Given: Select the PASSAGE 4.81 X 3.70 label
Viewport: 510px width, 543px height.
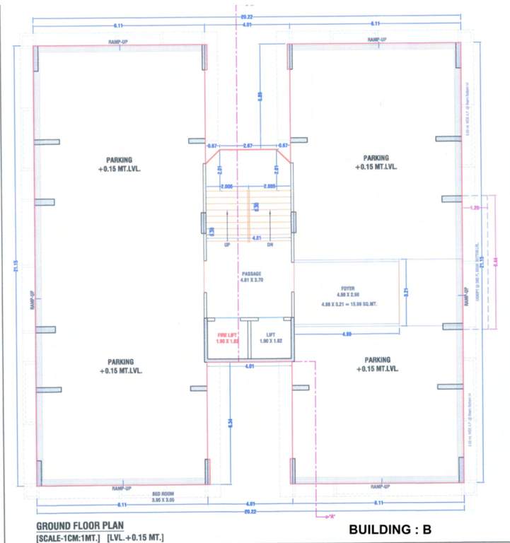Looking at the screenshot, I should (251, 276).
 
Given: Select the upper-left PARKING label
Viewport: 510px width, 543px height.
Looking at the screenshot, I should (119, 164).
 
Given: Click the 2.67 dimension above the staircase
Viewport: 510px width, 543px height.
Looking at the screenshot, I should (248, 145).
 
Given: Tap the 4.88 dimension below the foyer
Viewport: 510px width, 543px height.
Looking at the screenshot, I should (347, 333).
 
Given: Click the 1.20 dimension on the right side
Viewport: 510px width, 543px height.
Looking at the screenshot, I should (474, 209).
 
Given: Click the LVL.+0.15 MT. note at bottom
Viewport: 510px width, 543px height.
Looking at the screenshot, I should (137, 538).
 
